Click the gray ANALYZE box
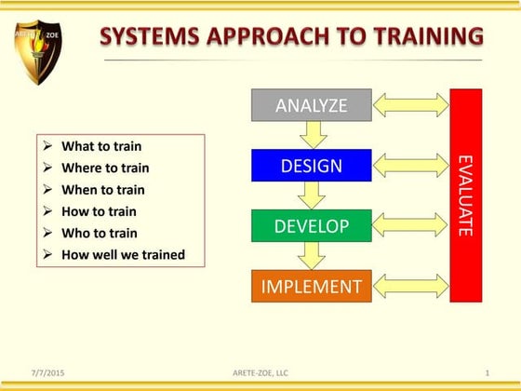tap(312, 105)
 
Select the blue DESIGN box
tap(312, 166)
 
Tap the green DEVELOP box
tap(312, 226)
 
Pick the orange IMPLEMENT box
tap(312, 286)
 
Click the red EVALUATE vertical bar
tap(465, 195)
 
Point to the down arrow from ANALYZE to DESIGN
tap(313, 135)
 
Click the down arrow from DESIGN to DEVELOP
tap(313, 195)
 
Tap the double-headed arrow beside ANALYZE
tap(410, 104)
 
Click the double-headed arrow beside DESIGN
tap(410, 165)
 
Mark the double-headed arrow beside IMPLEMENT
tap(410, 286)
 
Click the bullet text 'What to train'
tap(101, 146)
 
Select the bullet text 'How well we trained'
tap(123, 254)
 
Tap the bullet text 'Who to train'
tap(99, 233)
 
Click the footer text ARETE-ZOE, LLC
tap(261, 372)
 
